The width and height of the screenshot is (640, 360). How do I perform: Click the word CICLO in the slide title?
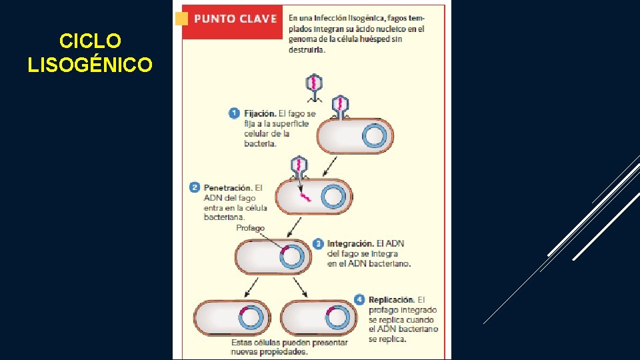coord(90,41)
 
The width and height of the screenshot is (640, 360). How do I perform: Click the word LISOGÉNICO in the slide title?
coord(90,65)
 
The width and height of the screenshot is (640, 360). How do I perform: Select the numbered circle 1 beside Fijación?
coord(234,113)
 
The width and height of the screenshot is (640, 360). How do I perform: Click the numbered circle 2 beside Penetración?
coord(194,187)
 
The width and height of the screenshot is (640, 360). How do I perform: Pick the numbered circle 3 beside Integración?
coord(318,243)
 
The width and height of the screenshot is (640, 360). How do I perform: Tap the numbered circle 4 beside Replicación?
coord(360,299)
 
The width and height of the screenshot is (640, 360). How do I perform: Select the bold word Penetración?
coord(228,187)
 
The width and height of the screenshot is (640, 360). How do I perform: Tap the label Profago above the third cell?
coord(250,228)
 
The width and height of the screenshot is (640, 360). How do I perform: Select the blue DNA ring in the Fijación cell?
coord(374,137)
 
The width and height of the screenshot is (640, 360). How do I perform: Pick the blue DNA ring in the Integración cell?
coord(294,257)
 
